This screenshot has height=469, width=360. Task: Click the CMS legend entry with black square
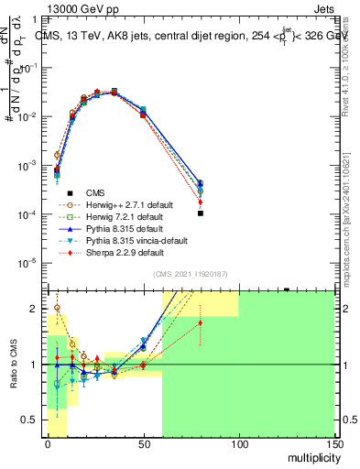[x=95, y=192]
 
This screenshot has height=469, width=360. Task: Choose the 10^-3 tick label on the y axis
[x=27, y=166]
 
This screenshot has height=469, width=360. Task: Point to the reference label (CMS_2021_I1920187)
[x=191, y=274]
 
